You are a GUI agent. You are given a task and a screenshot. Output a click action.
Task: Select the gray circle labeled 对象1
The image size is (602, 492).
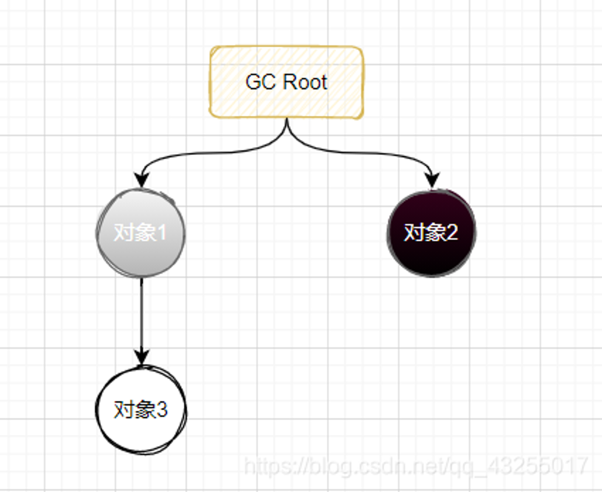point(140,233)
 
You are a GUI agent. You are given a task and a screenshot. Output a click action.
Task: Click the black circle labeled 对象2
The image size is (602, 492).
point(431,233)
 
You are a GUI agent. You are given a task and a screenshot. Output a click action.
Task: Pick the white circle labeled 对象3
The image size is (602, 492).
point(141,410)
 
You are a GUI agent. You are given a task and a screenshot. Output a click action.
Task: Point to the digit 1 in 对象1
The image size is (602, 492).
point(162,233)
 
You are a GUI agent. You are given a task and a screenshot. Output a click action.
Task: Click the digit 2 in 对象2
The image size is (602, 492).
point(452,233)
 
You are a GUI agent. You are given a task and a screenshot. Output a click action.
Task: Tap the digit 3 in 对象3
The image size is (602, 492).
point(162,410)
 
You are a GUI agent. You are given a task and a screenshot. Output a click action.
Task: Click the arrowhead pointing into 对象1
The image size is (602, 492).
point(141,180)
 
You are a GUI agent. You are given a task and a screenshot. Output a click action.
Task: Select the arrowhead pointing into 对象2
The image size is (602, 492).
point(433,180)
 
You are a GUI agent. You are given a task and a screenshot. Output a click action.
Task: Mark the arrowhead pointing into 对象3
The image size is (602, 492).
point(141,357)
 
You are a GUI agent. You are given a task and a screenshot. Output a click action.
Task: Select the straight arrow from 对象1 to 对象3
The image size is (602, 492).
point(141,321)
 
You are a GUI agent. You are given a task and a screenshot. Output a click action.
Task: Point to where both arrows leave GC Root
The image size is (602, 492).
point(287,119)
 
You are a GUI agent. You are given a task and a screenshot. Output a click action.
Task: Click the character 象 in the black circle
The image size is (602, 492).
point(433,233)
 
